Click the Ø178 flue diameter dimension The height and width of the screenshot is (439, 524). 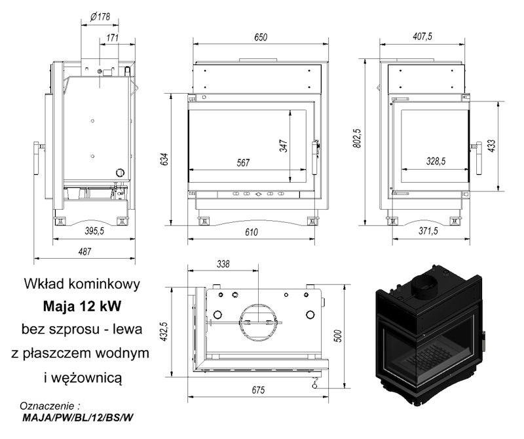100,17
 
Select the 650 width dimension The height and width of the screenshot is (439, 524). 261,37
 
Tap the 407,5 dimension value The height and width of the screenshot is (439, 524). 422,36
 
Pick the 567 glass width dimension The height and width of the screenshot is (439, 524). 243,162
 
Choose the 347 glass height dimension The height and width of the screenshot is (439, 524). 283,145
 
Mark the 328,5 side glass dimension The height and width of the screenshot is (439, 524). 436,161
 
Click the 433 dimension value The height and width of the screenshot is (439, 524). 492,145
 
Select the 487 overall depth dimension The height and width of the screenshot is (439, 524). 84,251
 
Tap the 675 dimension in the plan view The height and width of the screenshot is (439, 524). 258,390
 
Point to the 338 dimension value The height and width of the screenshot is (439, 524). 223,264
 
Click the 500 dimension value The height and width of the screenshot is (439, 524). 338,335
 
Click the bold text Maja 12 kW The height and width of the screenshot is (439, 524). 83,306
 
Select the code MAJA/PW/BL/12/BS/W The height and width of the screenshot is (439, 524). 78,418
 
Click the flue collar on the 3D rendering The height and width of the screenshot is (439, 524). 424,284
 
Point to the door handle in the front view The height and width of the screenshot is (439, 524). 315,157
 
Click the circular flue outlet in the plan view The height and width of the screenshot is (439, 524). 258,322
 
